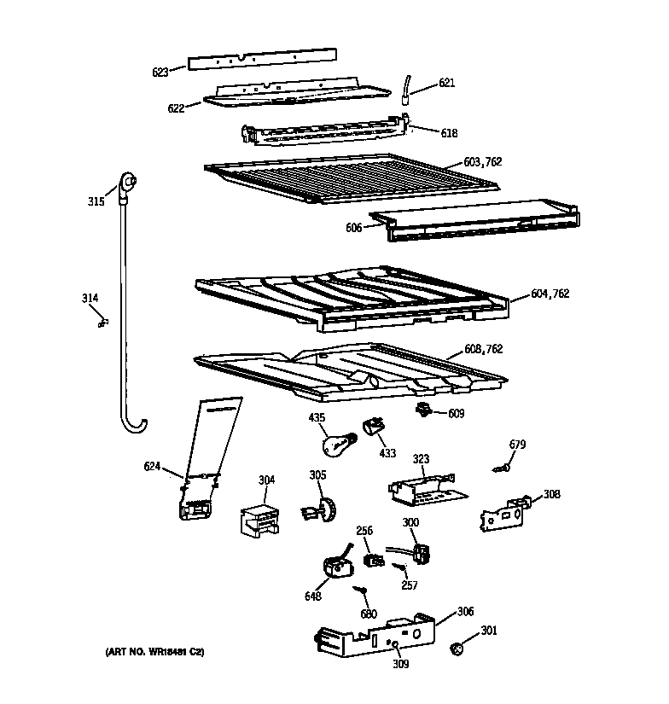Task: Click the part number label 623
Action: point(160,73)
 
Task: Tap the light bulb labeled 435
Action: point(334,445)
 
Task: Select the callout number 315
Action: point(96,201)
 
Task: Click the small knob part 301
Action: point(457,649)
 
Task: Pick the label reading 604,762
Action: point(550,294)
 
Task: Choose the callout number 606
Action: point(354,227)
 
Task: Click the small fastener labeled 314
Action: point(104,322)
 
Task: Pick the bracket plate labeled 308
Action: point(503,516)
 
